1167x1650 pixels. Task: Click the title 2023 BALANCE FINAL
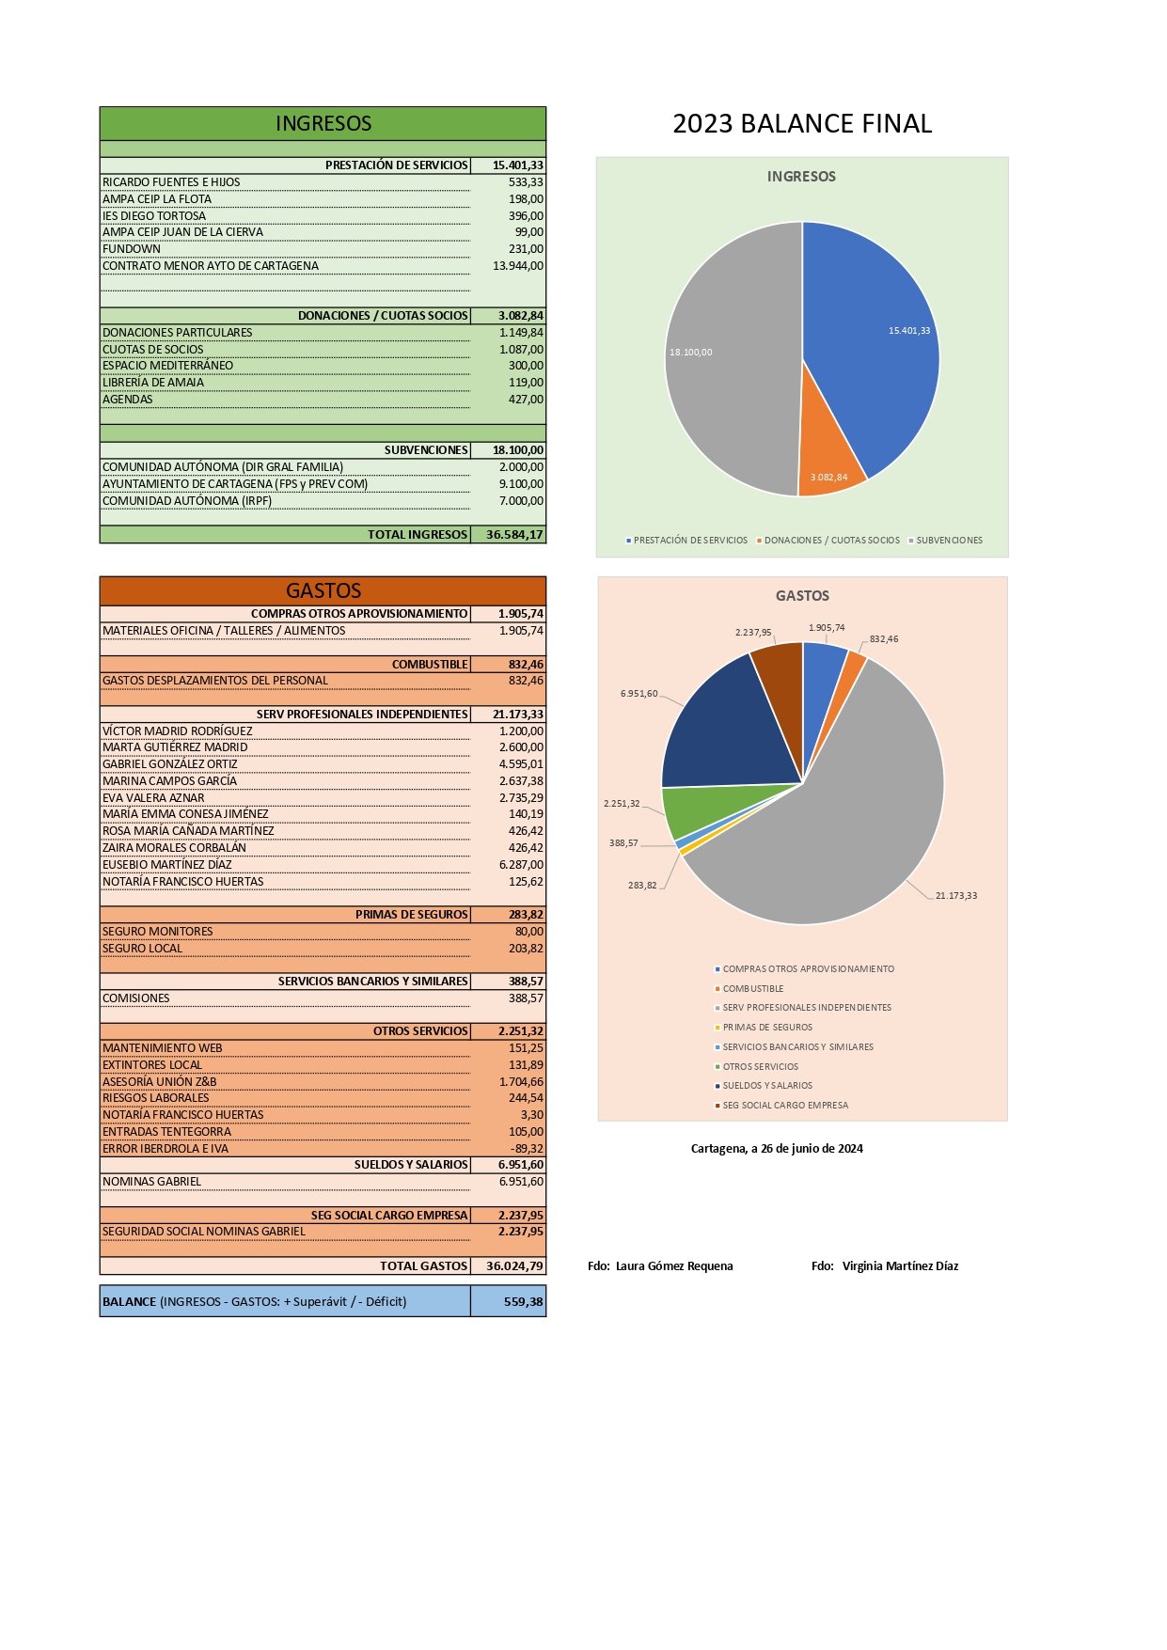802,123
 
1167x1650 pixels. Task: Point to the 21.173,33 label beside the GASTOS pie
955,895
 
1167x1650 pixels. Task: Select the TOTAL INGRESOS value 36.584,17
514,534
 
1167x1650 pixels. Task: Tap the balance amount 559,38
524,1302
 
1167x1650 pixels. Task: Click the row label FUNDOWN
132,249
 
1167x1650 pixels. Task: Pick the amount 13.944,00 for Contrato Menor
518,266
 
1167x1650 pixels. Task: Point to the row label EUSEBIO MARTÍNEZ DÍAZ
167,865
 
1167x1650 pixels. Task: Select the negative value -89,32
527,1148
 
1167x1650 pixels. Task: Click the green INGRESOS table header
323,123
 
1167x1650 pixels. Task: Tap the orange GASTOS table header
323,590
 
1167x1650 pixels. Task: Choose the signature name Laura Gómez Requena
674,1266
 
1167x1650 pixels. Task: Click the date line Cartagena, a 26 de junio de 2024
777,1148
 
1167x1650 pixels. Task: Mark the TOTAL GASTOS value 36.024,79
514,1265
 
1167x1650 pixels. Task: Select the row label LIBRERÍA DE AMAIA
153,383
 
